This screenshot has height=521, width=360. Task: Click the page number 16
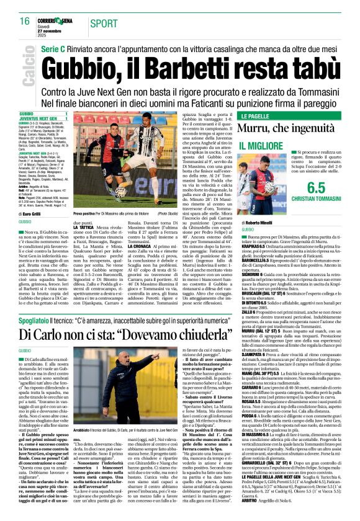[25, 22]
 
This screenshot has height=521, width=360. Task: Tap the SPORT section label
[102, 23]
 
